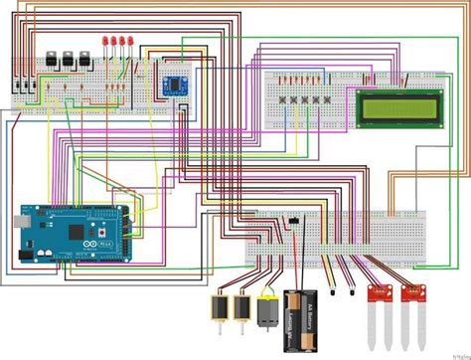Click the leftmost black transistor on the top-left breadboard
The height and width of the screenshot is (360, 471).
[51, 58]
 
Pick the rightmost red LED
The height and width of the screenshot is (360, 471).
[131, 41]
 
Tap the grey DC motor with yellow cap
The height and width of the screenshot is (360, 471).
[266, 313]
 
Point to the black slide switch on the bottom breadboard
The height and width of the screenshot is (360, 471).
[294, 220]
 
